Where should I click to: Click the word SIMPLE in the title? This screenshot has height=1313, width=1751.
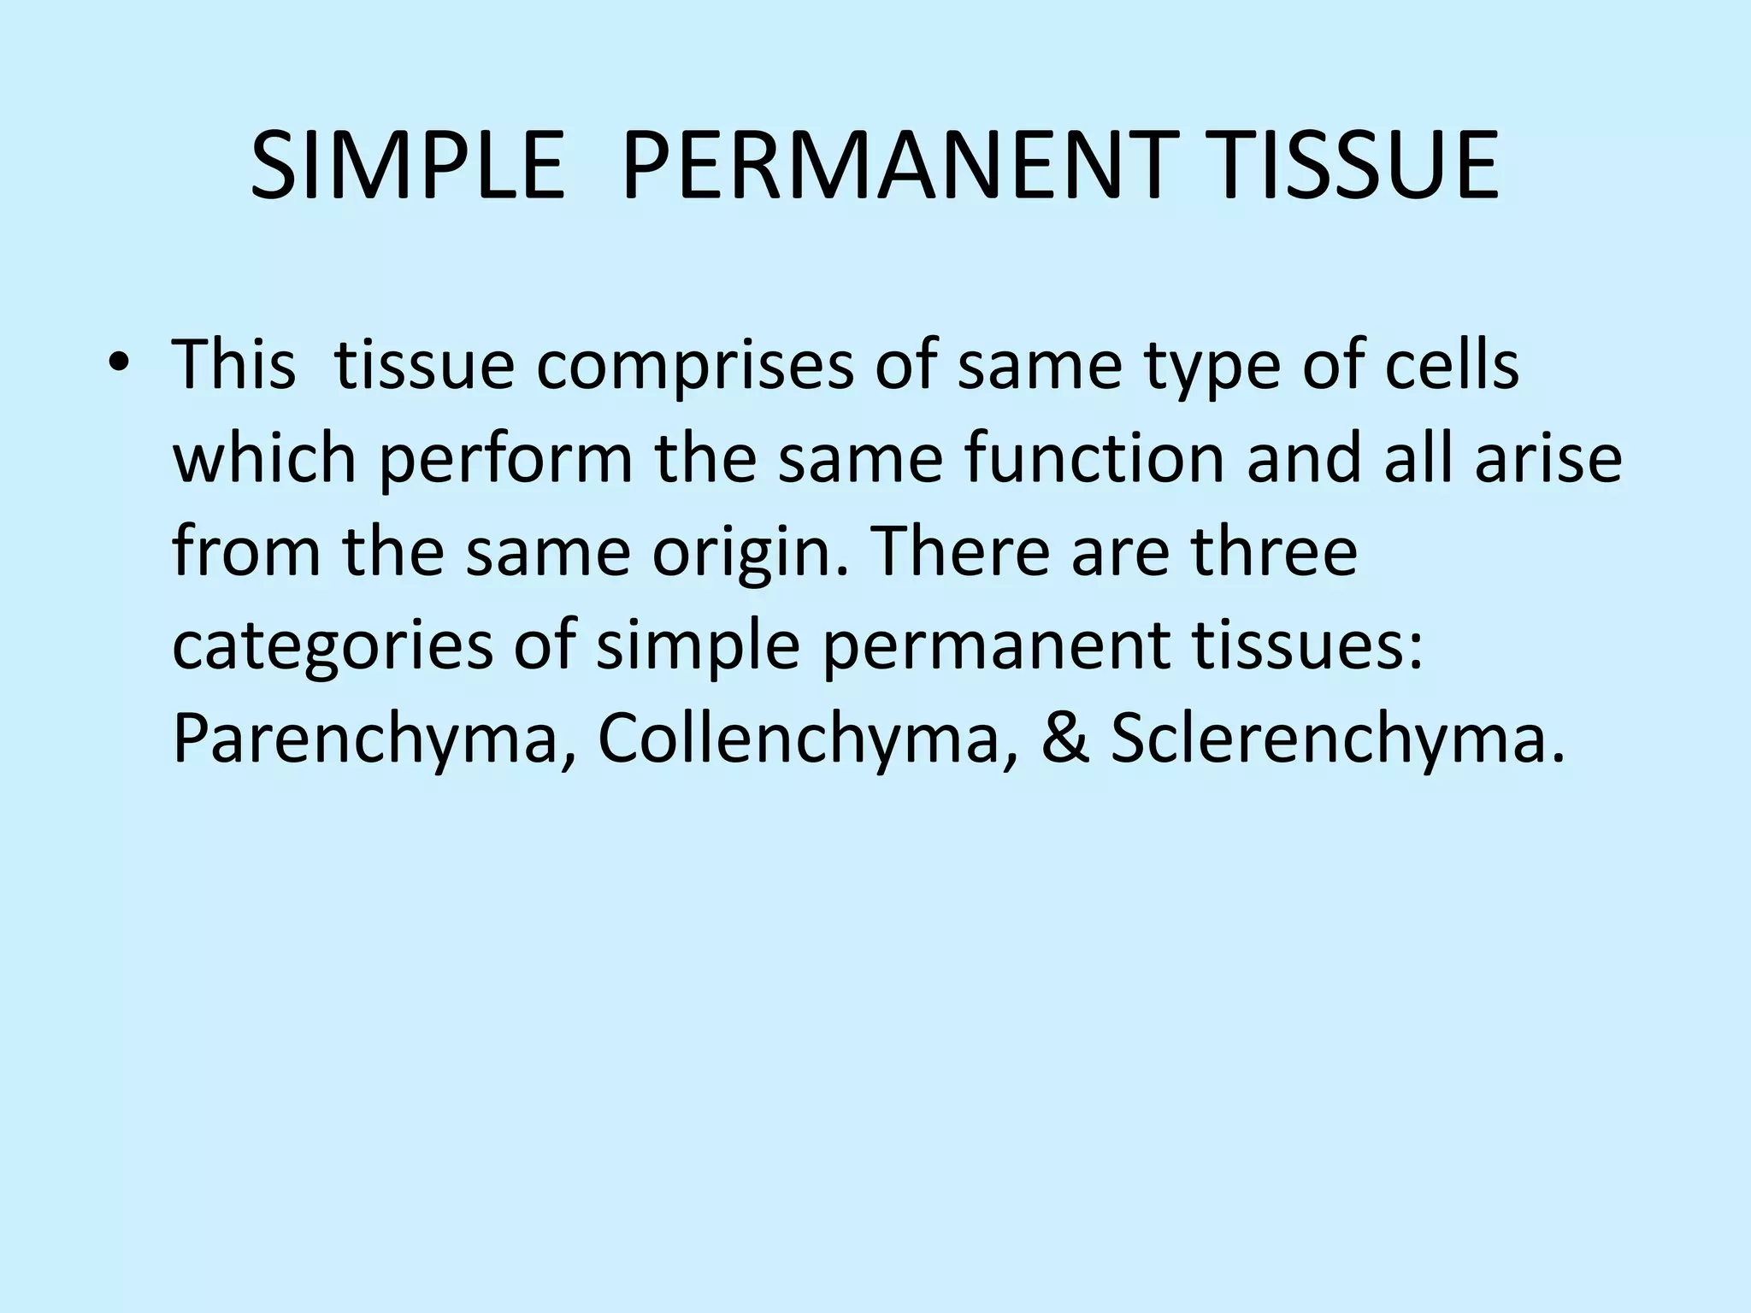(x=408, y=166)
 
